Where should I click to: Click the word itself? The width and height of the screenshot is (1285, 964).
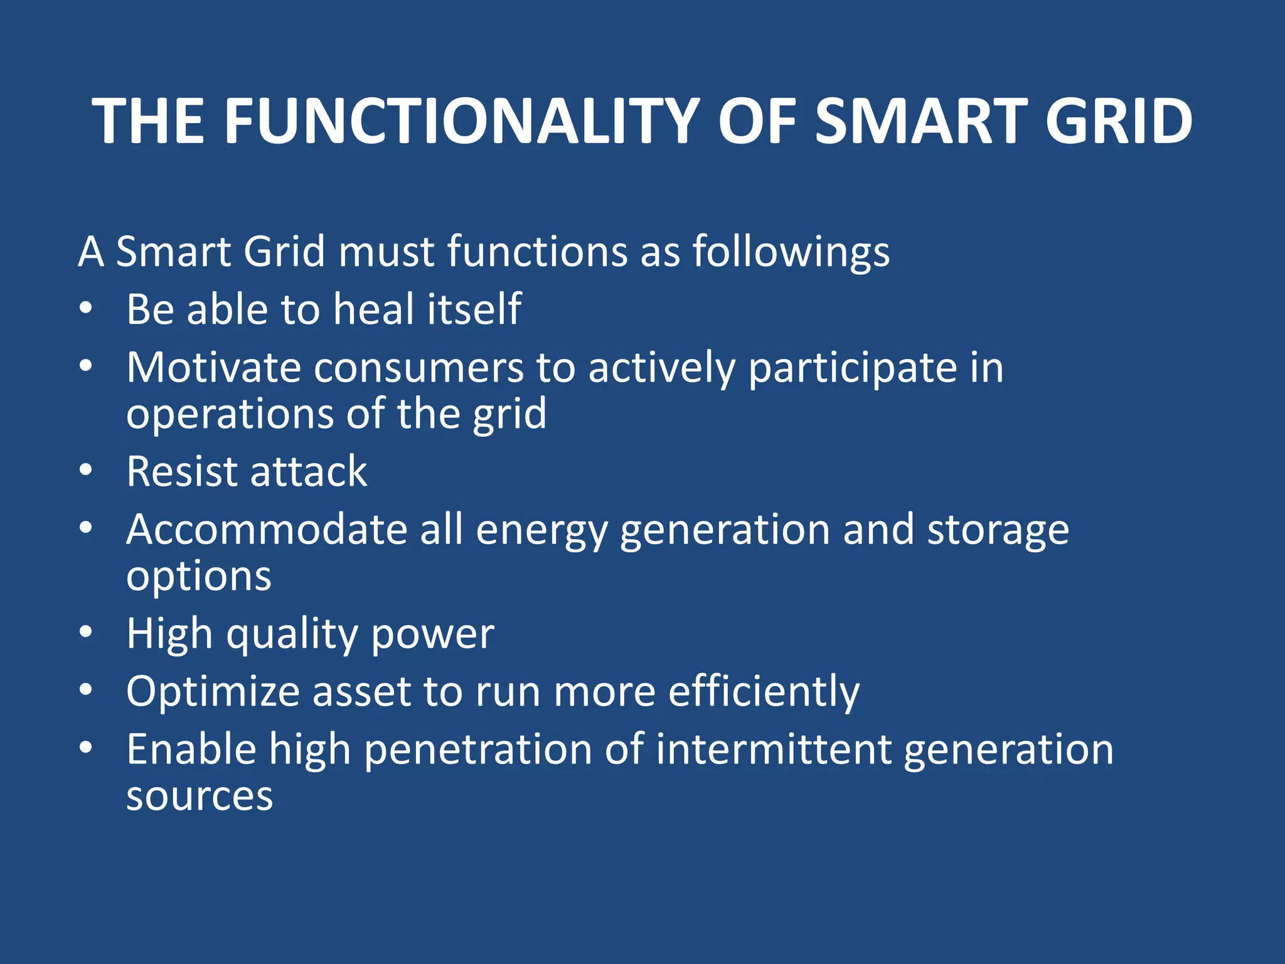(474, 309)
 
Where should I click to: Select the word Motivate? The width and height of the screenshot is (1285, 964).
(214, 367)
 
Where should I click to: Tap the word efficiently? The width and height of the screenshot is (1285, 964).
(764, 692)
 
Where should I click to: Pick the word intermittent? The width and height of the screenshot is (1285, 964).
(774, 750)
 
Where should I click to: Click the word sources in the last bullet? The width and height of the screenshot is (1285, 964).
(200, 796)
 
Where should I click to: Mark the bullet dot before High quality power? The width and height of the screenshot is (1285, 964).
(86, 632)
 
